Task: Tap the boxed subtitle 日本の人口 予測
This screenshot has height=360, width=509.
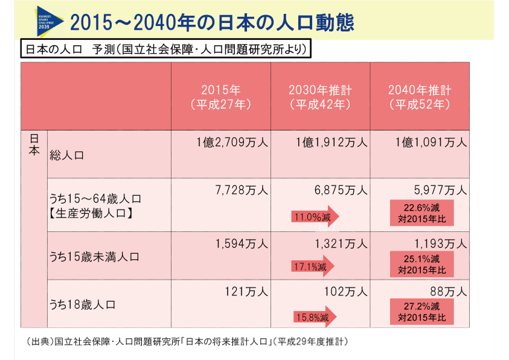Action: pyautogui.click(x=166, y=50)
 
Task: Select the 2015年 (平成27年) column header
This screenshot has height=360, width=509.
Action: pyautogui.click(x=220, y=97)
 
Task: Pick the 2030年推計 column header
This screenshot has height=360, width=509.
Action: pyautogui.click(x=320, y=97)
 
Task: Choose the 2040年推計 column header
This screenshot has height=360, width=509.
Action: pyautogui.click(x=420, y=97)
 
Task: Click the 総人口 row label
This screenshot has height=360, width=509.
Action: pyautogui.click(x=67, y=155)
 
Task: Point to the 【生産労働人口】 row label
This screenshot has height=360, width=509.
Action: pyautogui.click(x=91, y=213)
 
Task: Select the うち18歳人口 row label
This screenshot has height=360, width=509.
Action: pyautogui.click(x=82, y=304)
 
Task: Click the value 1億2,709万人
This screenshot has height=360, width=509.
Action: pyautogui.click(x=232, y=143)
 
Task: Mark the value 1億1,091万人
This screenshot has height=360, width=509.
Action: pyautogui.click(x=431, y=143)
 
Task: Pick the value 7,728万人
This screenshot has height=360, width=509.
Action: pyautogui.click(x=242, y=190)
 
